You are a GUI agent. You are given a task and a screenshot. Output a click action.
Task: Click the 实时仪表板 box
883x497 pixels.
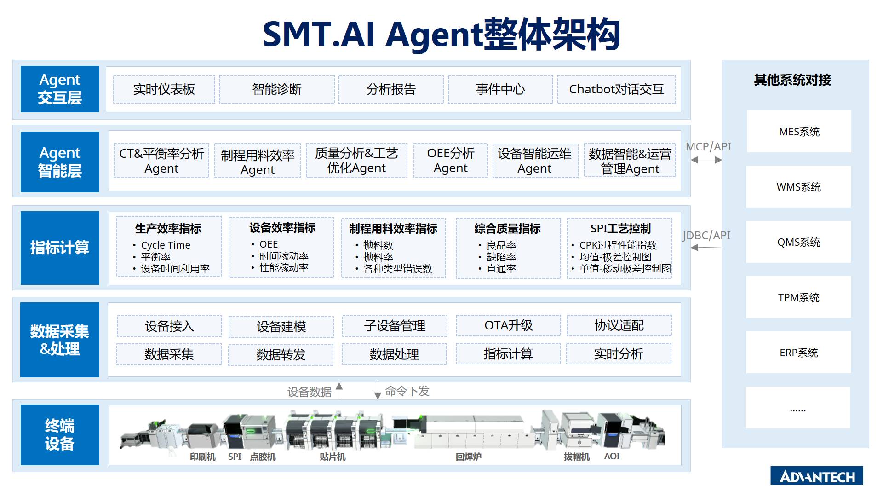point(164,89)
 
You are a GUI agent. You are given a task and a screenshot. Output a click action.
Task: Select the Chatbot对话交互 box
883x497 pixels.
point(616,89)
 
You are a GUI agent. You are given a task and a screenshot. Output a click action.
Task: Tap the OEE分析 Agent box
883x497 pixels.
point(450,161)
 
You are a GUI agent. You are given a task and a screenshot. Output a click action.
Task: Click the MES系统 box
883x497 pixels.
point(799,132)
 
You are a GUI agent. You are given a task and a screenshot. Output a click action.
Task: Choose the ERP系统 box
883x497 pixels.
point(798,353)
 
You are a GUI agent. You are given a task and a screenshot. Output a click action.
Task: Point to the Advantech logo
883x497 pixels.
point(817,476)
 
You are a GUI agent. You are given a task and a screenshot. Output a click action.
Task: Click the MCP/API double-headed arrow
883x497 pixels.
point(706,160)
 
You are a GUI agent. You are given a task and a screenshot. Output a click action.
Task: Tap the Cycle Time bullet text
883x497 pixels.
point(166,245)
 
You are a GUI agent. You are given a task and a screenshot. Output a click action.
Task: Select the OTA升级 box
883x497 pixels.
point(508,325)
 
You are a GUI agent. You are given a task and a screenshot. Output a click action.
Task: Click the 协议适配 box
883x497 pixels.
point(619,325)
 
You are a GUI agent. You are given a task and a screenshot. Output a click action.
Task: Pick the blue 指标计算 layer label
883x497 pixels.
point(60,248)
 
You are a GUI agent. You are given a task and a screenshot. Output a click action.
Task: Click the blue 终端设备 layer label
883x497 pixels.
point(60,434)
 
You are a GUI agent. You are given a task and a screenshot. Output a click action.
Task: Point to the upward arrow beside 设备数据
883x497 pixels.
point(339,390)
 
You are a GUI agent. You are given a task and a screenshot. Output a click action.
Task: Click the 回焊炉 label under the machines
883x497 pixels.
point(468,457)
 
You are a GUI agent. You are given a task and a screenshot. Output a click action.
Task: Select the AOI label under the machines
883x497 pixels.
point(612,456)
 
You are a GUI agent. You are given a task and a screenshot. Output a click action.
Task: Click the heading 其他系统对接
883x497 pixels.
point(792,80)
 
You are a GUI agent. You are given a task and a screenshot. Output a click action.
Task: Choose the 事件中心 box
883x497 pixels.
point(500,89)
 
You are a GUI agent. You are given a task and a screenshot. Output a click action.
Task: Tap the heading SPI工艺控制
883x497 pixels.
point(620,228)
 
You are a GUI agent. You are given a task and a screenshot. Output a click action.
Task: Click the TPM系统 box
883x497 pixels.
point(798,297)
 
